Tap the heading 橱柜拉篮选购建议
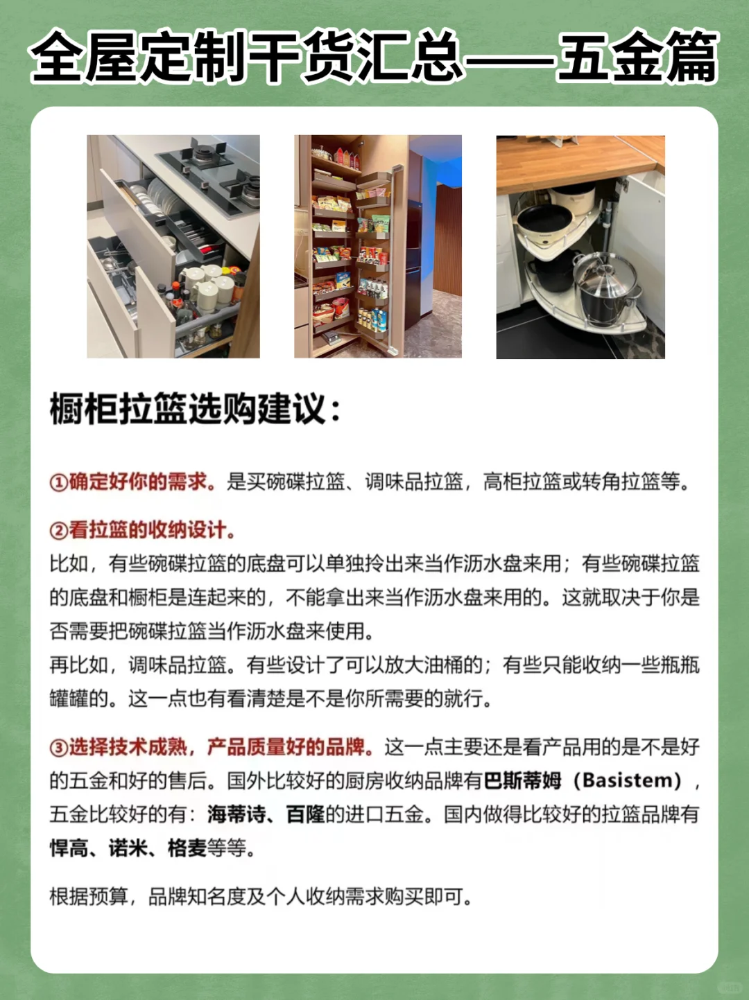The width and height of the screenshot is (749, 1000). pos(195,409)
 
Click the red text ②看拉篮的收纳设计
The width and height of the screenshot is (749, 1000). pos(142,530)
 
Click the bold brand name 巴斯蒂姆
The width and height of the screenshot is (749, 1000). pos(522,781)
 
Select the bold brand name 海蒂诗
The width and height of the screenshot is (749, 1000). pos(236,814)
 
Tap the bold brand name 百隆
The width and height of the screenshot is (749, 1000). pos(305,814)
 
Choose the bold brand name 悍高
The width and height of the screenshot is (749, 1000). pos(69,848)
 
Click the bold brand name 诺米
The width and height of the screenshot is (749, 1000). pos(128,848)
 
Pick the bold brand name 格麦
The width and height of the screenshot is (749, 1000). pos(187,848)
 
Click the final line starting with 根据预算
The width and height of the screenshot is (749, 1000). pos(261,897)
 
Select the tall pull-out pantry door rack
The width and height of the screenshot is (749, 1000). pos(374,256)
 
